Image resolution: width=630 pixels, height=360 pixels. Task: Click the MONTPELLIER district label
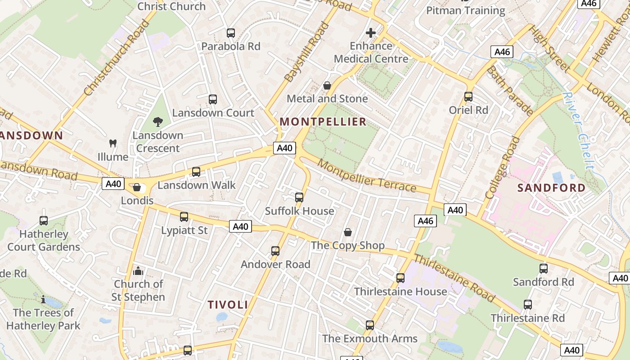point(323,121)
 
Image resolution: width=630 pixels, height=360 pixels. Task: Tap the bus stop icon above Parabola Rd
point(231,33)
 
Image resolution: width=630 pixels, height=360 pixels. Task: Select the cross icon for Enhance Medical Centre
point(371,33)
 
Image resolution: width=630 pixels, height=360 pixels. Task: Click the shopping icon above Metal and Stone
point(327,85)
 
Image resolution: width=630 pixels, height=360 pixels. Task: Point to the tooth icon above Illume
point(113,144)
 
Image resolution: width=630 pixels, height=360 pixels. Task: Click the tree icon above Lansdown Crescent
point(157,121)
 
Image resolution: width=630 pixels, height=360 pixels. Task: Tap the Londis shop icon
point(137,187)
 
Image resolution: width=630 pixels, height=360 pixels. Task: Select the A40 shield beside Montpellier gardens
point(284,148)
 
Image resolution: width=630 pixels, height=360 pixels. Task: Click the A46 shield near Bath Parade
point(502,52)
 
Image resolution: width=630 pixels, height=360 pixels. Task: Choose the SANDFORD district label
point(551,188)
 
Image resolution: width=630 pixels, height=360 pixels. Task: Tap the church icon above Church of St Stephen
point(138,270)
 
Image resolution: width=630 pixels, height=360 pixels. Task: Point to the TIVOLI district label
point(228,305)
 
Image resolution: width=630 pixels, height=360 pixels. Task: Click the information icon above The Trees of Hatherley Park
point(43,299)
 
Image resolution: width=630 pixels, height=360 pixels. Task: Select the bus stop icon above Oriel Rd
point(468,96)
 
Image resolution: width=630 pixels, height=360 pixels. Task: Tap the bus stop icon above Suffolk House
point(299,197)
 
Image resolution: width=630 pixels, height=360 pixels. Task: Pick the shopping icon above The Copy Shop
point(348,232)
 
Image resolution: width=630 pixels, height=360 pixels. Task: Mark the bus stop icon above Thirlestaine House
point(400,278)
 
